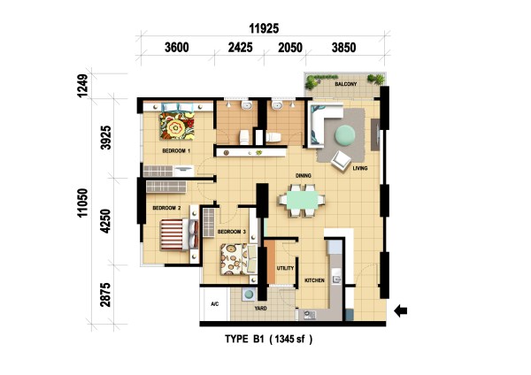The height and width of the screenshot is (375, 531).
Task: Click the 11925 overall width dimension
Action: [264, 28]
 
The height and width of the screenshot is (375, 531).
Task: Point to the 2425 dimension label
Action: [240, 48]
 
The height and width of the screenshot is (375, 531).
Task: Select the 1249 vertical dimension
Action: [82, 86]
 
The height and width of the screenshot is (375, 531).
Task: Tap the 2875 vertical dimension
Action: [105, 295]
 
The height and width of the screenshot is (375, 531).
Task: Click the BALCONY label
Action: [346, 84]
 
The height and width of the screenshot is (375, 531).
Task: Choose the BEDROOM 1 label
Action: [176, 151]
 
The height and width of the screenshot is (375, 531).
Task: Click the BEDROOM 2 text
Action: [166, 208]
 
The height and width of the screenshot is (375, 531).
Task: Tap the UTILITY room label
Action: [285, 268]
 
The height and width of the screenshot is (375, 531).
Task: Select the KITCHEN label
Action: [314, 280]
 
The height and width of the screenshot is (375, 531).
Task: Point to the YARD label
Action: [260, 309]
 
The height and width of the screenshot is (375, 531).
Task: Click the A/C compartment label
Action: [215, 304]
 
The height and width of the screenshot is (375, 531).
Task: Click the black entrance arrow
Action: [401, 310]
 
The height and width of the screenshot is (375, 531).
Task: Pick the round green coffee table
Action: [345, 135]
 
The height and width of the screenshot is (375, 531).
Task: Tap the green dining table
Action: [302, 200]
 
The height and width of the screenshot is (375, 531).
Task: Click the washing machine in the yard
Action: [250, 295]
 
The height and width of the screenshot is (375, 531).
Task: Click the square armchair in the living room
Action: [341, 161]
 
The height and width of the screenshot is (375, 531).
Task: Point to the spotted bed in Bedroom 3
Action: [238, 259]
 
